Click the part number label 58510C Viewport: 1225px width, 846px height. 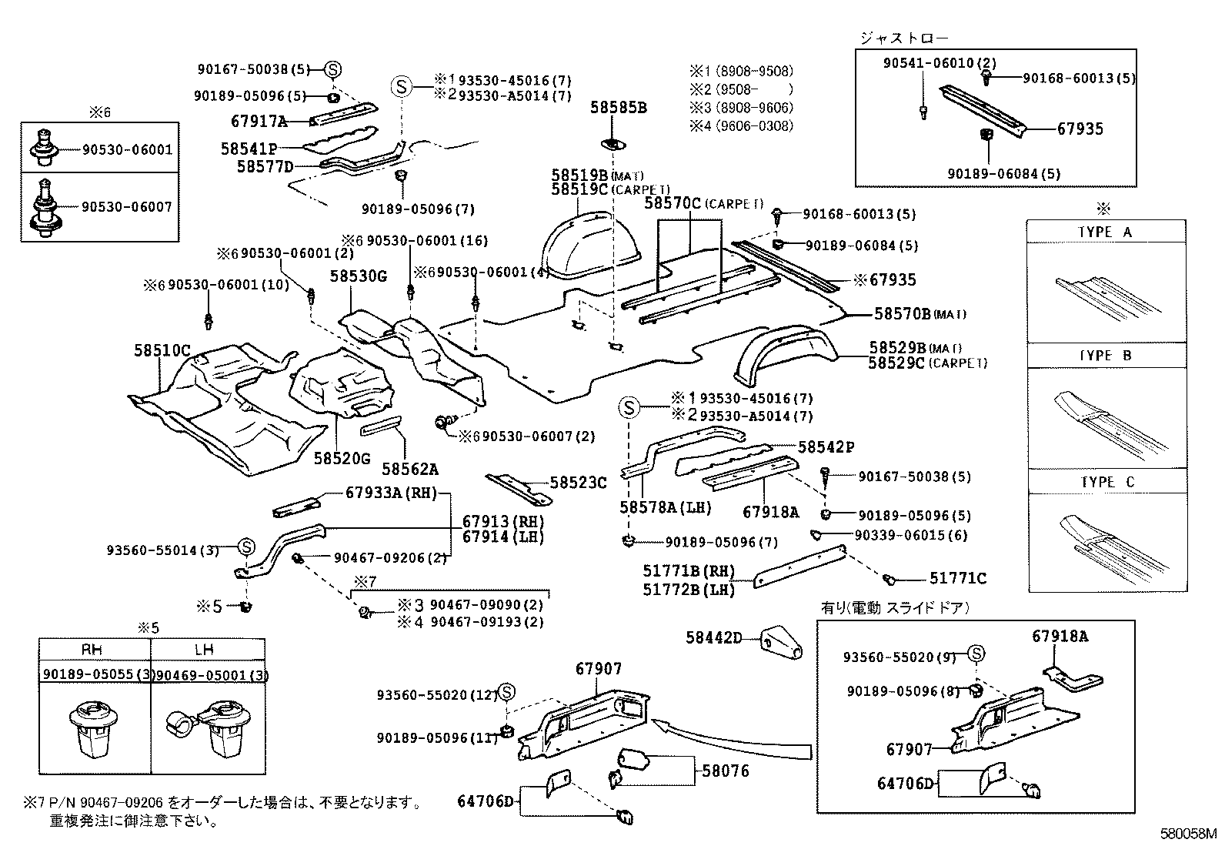pyautogui.click(x=161, y=351)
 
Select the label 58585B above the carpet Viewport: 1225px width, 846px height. pyautogui.click(x=619, y=108)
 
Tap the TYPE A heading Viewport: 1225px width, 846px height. pyautogui.click(x=1105, y=232)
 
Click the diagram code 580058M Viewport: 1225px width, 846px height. pyautogui.click(x=1190, y=834)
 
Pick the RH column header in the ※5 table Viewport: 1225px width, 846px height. pyautogui.click(x=92, y=650)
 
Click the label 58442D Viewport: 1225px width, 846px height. pyautogui.click(x=713, y=637)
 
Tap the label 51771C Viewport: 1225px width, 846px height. pyautogui.click(x=957, y=578)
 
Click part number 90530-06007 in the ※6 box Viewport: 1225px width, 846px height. pyautogui.click(x=127, y=206)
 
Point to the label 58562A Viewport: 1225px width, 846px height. pyautogui.click(x=410, y=469)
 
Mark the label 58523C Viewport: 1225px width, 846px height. pyautogui.click(x=578, y=483)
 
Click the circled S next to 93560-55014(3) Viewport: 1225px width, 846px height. pyautogui.click(x=245, y=547)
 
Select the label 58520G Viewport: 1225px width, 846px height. pyautogui.click(x=342, y=459)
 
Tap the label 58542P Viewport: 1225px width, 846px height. pyautogui.click(x=826, y=447)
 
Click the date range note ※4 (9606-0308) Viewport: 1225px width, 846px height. pyautogui.click(x=740, y=125)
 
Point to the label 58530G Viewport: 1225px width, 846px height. pyautogui.click(x=359, y=276)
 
